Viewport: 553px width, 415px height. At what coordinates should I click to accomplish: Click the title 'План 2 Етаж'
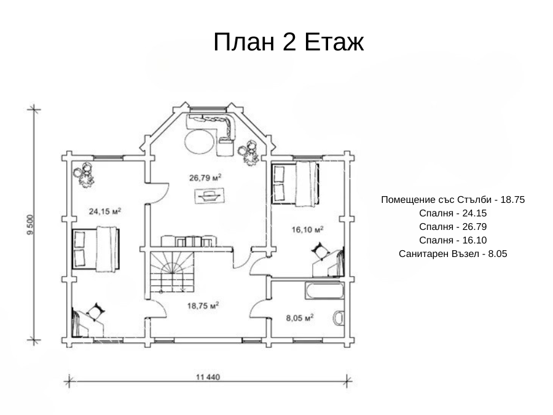click(x=288, y=42)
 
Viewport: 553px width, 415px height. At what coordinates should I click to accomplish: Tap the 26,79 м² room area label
click(x=205, y=178)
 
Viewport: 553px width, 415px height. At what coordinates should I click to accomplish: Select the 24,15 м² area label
click(x=105, y=211)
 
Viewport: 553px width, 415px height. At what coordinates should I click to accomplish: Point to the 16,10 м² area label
click(x=308, y=230)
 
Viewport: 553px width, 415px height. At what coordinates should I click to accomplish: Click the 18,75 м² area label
click(x=203, y=306)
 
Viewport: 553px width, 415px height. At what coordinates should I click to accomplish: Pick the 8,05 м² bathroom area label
click(x=300, y=318)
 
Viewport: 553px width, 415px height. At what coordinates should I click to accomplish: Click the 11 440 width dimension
click(x=208, y=377)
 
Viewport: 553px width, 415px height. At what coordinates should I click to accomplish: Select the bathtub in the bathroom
click(x=324, y=290)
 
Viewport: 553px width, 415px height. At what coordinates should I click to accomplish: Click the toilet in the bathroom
click(x=339, y=318)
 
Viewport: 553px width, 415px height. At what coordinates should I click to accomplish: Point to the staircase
click(x=173, y=272)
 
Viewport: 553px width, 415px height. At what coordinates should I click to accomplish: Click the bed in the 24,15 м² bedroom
click(x=96, y=249)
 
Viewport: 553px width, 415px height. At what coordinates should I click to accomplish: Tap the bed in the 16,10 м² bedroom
click(x=295, y=184)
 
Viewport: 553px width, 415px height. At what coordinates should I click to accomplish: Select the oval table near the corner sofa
click(x=199, y=141)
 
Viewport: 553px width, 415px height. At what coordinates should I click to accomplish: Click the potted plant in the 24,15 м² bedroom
click(x=84, y=175)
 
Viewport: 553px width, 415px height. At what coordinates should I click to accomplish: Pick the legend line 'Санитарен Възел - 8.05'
click(x=453, y=254)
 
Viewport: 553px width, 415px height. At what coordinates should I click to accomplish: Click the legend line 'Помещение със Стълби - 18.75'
click(x=453, y=200)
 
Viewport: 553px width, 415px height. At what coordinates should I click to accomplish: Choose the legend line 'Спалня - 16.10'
click(x=453, y=240)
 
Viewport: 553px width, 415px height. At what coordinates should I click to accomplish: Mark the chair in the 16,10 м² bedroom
click(x=321, y=251)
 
